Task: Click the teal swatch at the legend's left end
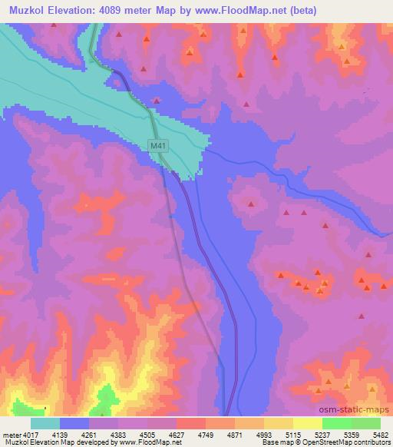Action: point(45,423)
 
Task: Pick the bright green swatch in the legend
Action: point(336,423)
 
